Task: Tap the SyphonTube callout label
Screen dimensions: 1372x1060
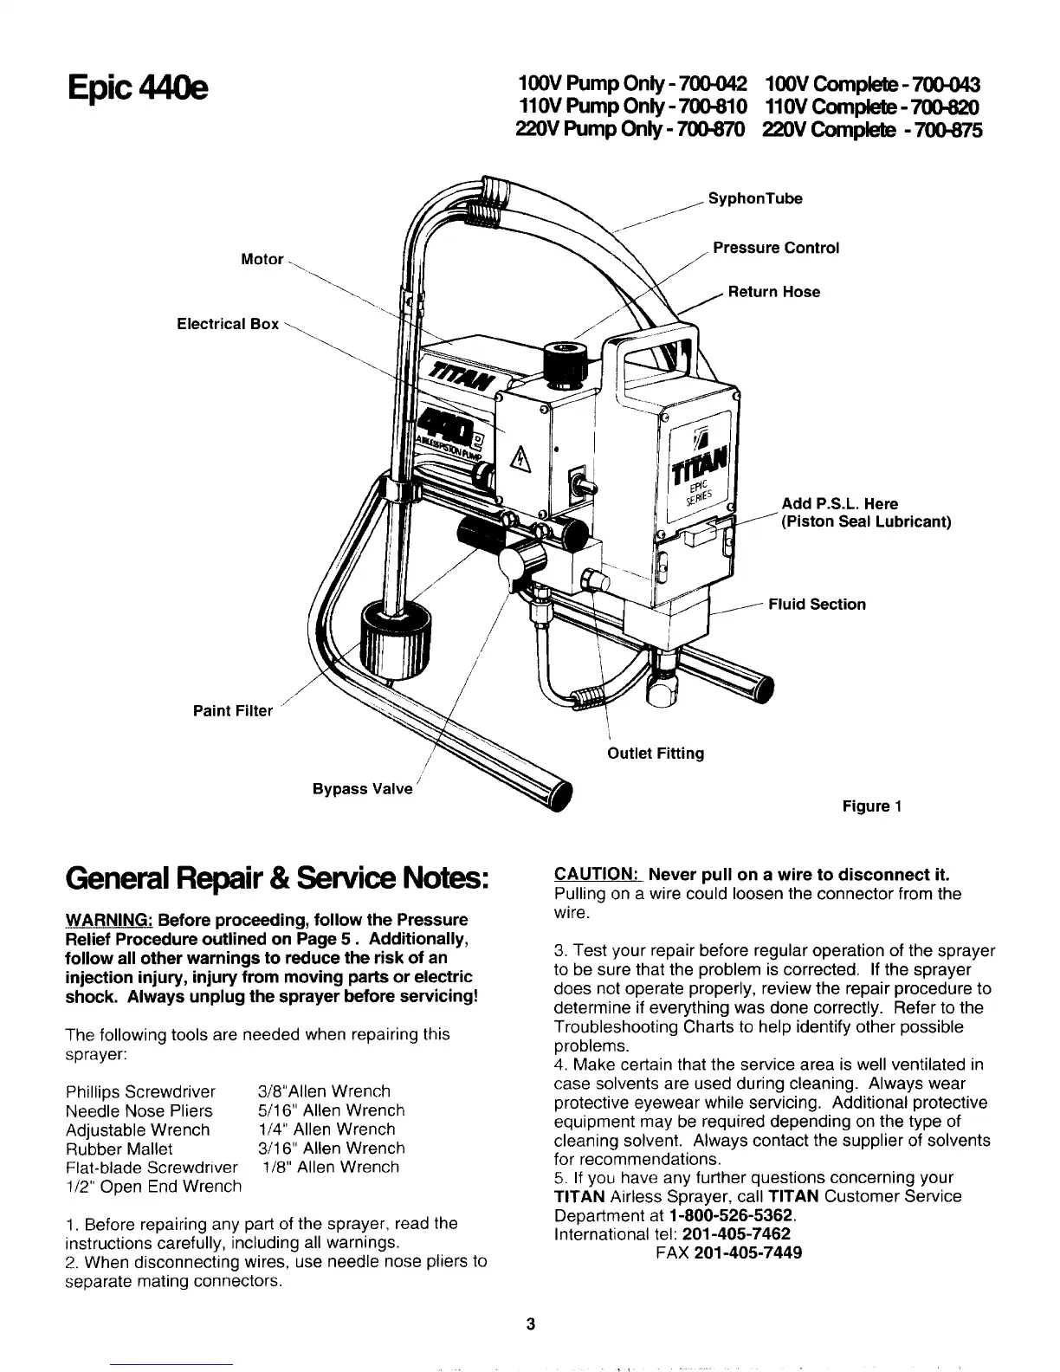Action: [x=755, y=199]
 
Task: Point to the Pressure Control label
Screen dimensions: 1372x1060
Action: [x=776, y=249]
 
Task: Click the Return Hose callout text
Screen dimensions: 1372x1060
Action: [x=773, y=292]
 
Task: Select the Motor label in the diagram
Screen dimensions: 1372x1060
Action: [x=262, y=259]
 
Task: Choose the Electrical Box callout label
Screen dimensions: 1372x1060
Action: [x=228, y=324]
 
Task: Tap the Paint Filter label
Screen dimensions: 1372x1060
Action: [x=232, y=711]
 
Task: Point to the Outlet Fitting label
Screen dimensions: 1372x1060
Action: [x=656, y=753]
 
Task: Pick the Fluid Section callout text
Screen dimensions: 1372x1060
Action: [x=817, y=605]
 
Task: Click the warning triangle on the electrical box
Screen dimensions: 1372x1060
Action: [x=521, y=456]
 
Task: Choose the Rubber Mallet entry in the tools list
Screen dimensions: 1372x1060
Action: [x=119, y=1149]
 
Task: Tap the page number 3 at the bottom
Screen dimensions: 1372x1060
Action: [x=531, y=1323]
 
